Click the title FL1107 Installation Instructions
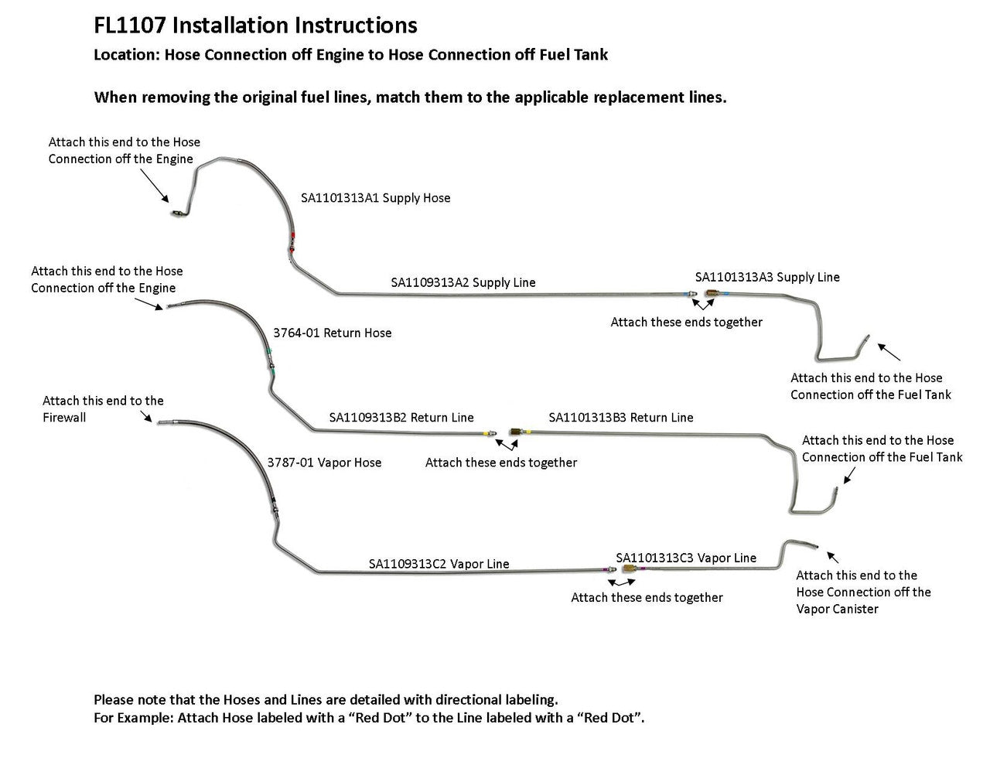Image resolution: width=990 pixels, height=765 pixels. (255, 26)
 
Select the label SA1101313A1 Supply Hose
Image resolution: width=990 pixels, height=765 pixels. (375, 198)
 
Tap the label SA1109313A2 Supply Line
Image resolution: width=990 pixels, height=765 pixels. (463, 282)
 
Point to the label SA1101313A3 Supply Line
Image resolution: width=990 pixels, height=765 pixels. (766, 277)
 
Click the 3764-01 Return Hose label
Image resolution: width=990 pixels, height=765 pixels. (332, 333)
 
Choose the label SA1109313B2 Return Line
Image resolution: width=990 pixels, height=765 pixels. (401, 417)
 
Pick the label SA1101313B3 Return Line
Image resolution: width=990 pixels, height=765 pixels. (620, 417)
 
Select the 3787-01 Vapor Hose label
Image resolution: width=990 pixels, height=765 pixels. (324, 463)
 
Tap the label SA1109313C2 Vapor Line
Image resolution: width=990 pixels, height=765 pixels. (439, 564)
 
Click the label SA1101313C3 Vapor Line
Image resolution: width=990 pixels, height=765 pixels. (686, 558)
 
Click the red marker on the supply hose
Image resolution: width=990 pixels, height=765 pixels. (293, 235)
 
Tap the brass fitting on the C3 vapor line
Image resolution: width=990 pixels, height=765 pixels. (630, 570)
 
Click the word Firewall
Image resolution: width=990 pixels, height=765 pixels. (64, 418)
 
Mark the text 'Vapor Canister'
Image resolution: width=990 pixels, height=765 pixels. (837, 609)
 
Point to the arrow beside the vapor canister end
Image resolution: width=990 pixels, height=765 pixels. (833, 556)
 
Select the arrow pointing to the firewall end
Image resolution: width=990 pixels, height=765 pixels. (145, 418)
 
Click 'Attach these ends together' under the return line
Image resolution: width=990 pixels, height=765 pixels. (501, 463)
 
